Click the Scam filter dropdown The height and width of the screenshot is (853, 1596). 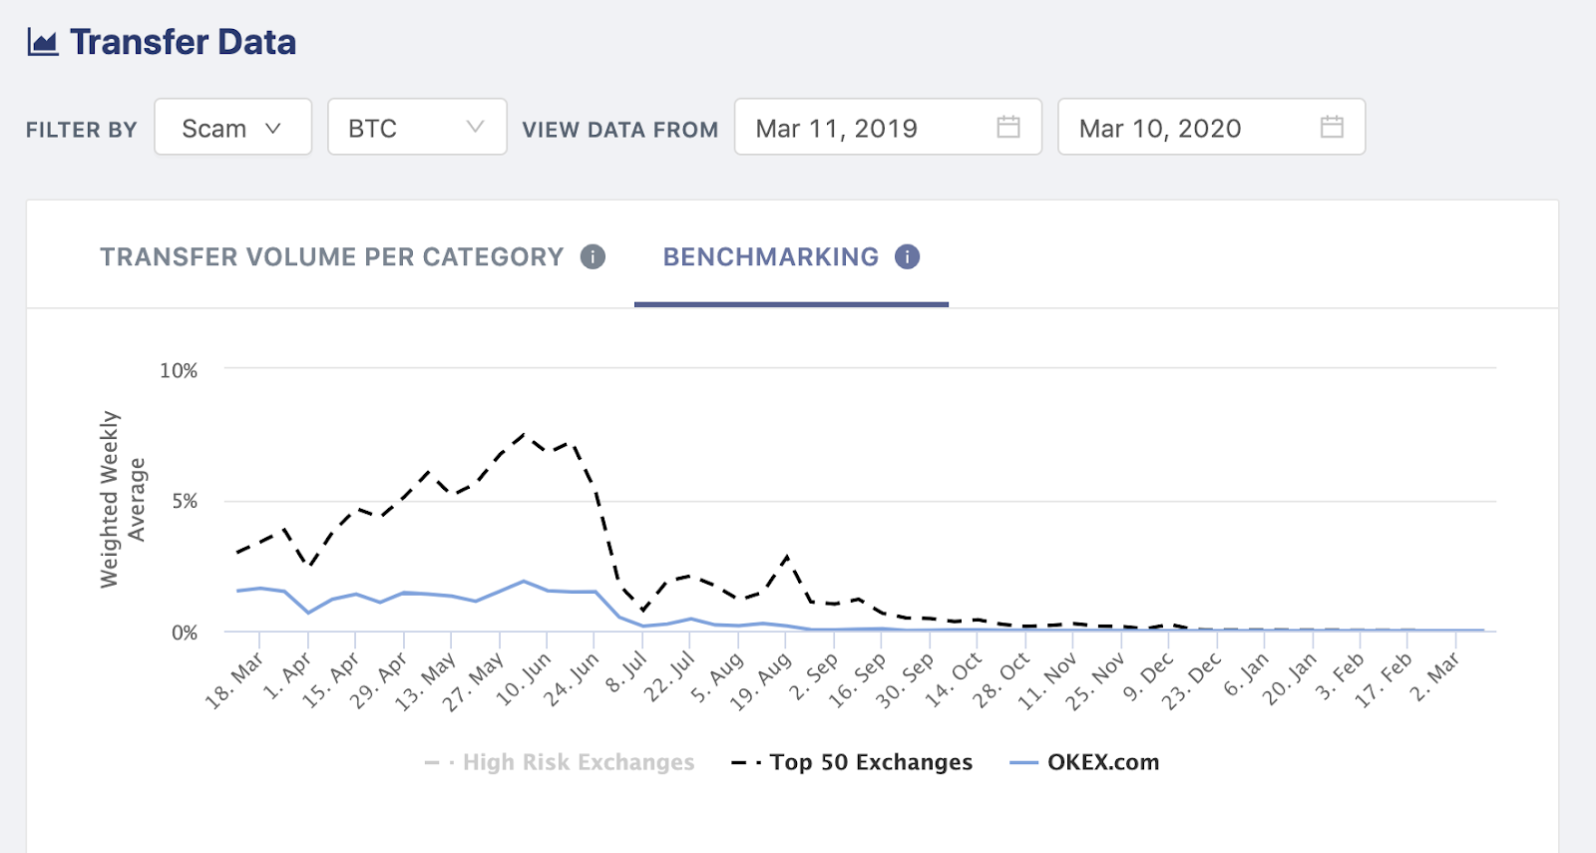click(x=232, y=128)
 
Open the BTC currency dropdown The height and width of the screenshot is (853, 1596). click(x=416, y=128)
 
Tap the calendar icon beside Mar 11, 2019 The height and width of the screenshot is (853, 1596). click(x=1008, y=127)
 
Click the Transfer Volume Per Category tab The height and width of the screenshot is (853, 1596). click(x=331, y=257)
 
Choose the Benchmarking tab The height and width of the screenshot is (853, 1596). click(x=770, y=257)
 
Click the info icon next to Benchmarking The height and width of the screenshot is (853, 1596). click(x=907, y=257)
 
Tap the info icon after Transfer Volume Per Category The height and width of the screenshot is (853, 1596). click(x=593, y=257)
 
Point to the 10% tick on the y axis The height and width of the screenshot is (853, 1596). click(x=179, y=371)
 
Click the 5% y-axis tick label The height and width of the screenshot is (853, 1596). click(x=185, y=501)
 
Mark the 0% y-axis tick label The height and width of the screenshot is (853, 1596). click(x=185, y=633)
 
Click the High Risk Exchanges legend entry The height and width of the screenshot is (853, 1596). click(x=578, y=762)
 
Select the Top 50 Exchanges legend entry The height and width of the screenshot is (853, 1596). click(x=870, y=762)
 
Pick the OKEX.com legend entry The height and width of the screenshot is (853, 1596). click(x=1102, y=762)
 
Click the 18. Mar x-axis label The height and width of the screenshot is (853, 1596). click(x=235, y=681)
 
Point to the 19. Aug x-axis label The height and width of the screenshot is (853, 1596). click(x=761, y=681)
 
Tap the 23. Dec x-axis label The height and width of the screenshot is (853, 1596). click(x=1191, y=681)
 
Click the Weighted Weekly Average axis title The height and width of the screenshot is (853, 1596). click(x=123, y=500)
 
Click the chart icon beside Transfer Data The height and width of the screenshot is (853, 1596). click(x=43, y=42)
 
